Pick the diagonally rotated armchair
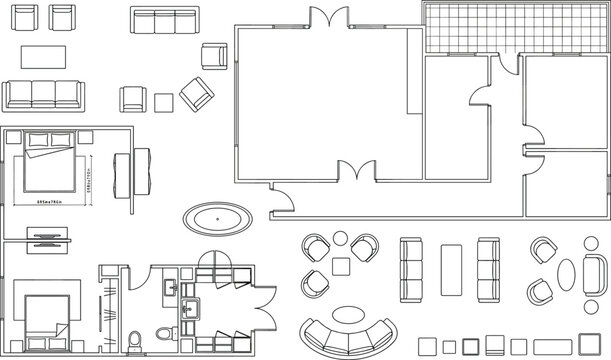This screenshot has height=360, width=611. (x=197, y=95)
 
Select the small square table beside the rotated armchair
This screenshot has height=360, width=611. (x=164, y=102)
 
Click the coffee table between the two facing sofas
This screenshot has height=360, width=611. (x=450, y=269)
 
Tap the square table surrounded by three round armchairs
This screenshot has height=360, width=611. (x=341, y=266)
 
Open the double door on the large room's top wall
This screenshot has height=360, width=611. (x=328, y=20)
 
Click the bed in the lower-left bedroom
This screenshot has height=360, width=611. (x=45, y=317)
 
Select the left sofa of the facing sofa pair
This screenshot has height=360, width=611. (x=411, y=269)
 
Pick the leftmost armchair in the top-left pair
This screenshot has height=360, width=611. (x=29, y=17)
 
